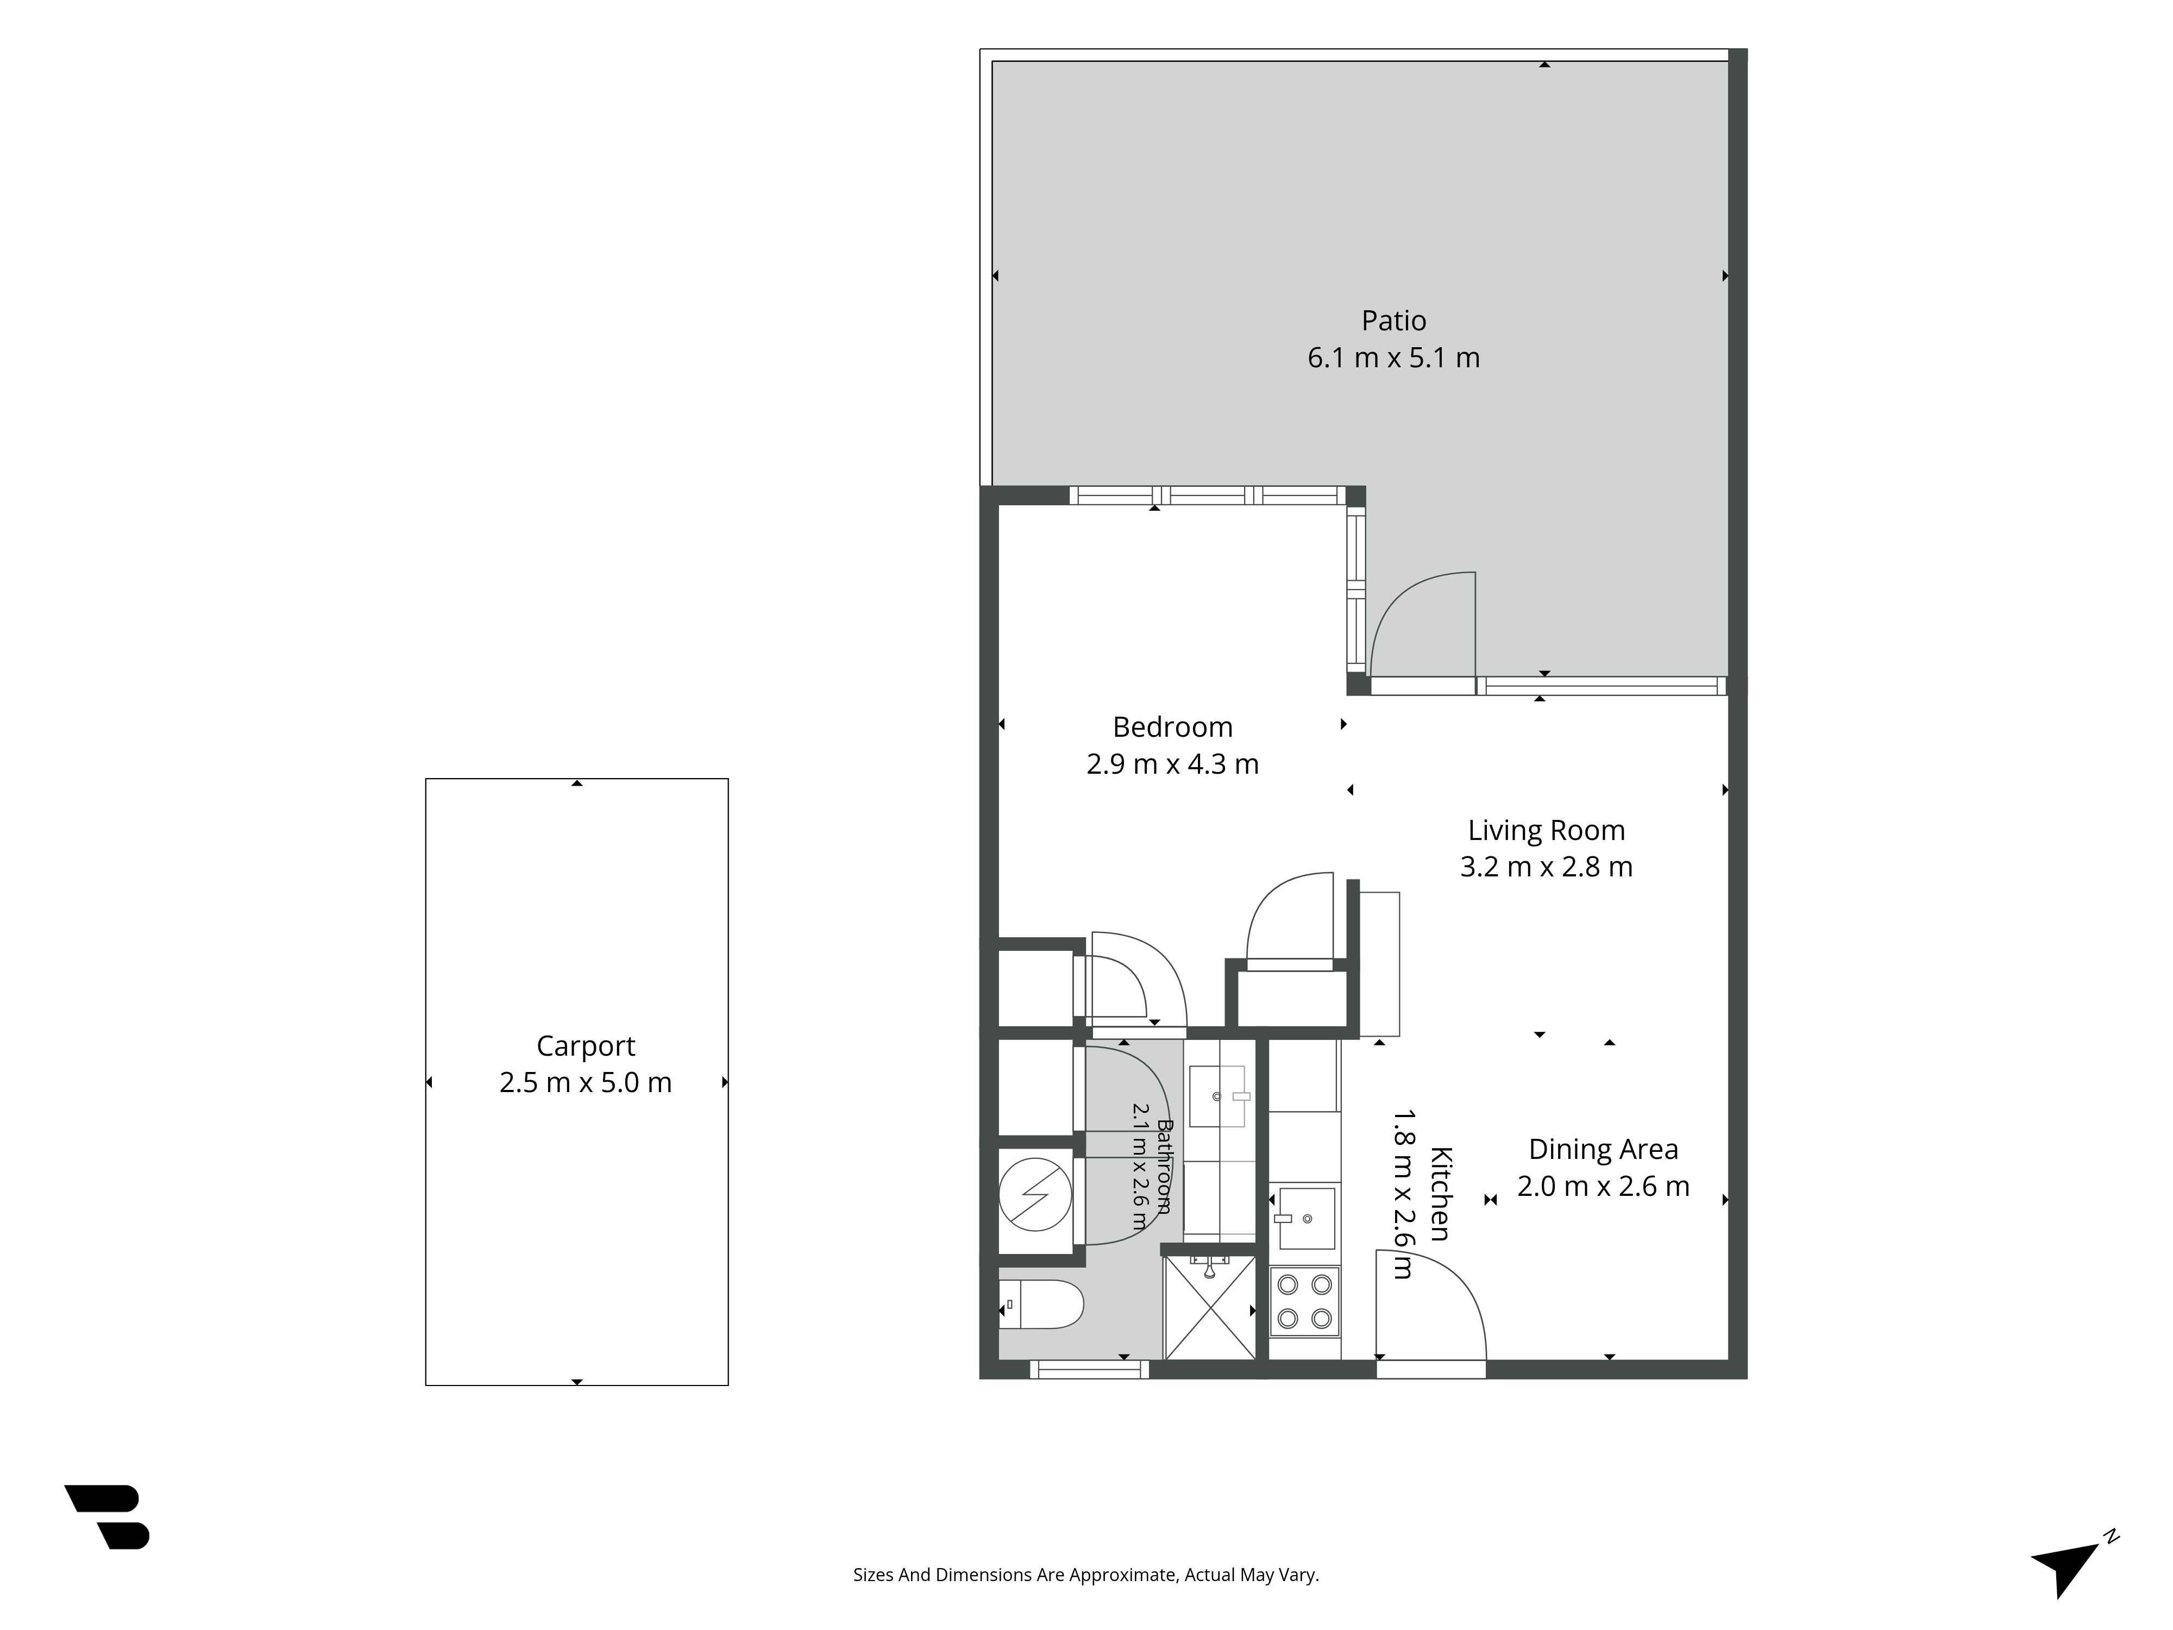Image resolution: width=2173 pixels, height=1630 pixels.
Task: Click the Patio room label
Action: (1393, 321)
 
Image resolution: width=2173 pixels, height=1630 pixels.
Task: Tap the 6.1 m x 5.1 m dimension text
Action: (1393, 358)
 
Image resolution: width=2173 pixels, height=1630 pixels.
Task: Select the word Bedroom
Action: (1172, 727)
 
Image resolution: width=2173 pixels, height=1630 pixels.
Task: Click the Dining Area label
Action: (1603, 1150)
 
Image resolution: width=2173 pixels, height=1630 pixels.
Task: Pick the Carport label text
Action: (586, 1046)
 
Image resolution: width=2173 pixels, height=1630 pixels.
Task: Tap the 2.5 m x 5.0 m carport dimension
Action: (586, 1083)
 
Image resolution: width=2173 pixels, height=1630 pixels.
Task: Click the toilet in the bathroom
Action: (1041, 1304)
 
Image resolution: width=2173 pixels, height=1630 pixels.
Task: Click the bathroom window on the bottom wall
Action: (1089, 1369)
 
